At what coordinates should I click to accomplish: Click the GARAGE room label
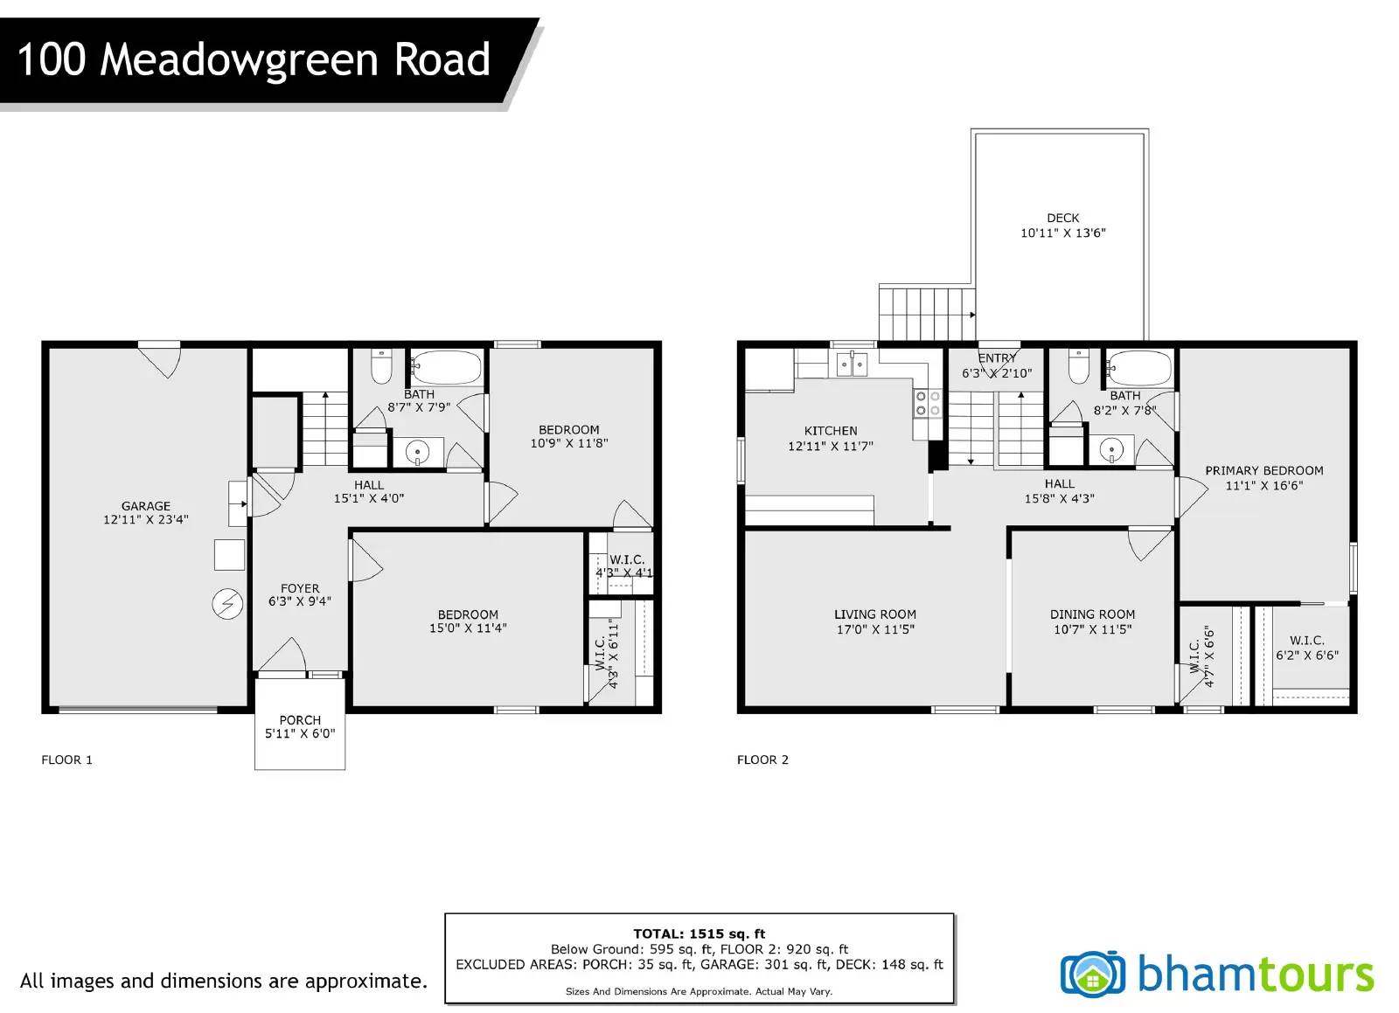pos(145,506)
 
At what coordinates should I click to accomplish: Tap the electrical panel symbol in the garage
pos(228,605)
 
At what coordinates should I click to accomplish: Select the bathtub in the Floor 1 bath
pos(447,368)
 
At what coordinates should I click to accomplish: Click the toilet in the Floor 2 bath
pos(1079,366)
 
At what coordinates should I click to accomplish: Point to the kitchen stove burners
pos(928,403)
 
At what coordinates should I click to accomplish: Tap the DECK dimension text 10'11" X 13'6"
pos(1063,233)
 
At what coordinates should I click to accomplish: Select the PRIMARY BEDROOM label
pos(1264,470)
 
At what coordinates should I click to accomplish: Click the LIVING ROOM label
pos(875,614)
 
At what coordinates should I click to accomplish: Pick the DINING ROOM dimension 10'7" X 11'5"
pos(1092,630)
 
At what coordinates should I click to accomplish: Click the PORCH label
pos(300,720)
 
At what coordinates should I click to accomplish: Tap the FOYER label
pos(300,588)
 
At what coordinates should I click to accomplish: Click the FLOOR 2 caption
pos(762,760)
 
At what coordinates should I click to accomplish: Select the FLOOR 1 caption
pos(66,760)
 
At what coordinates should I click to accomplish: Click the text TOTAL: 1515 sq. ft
pos(699,934)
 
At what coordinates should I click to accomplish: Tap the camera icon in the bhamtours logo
pos(1092,975)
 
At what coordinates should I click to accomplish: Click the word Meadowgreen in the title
pos(240,61)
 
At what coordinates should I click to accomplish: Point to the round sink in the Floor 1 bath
pos(417,451)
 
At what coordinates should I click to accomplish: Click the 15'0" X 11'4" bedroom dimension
pos(468,628)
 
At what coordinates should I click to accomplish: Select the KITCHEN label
pos(831,431)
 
